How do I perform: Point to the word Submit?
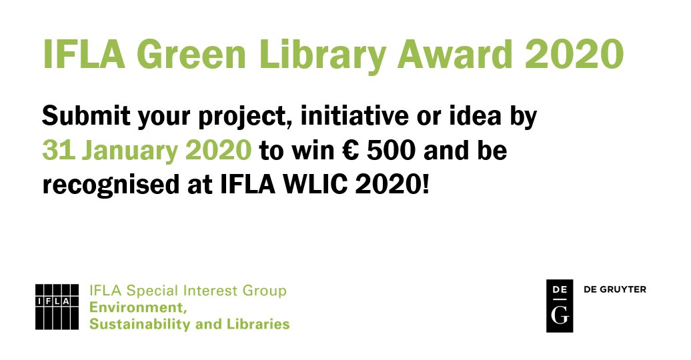86,117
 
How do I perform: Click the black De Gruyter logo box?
560,306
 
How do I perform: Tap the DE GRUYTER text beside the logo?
614,289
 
